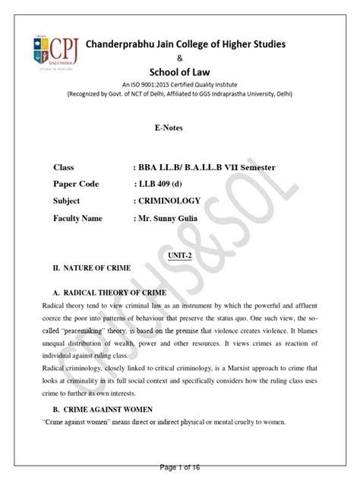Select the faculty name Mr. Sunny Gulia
[175, 218]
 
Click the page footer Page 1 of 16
[179, 471]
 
